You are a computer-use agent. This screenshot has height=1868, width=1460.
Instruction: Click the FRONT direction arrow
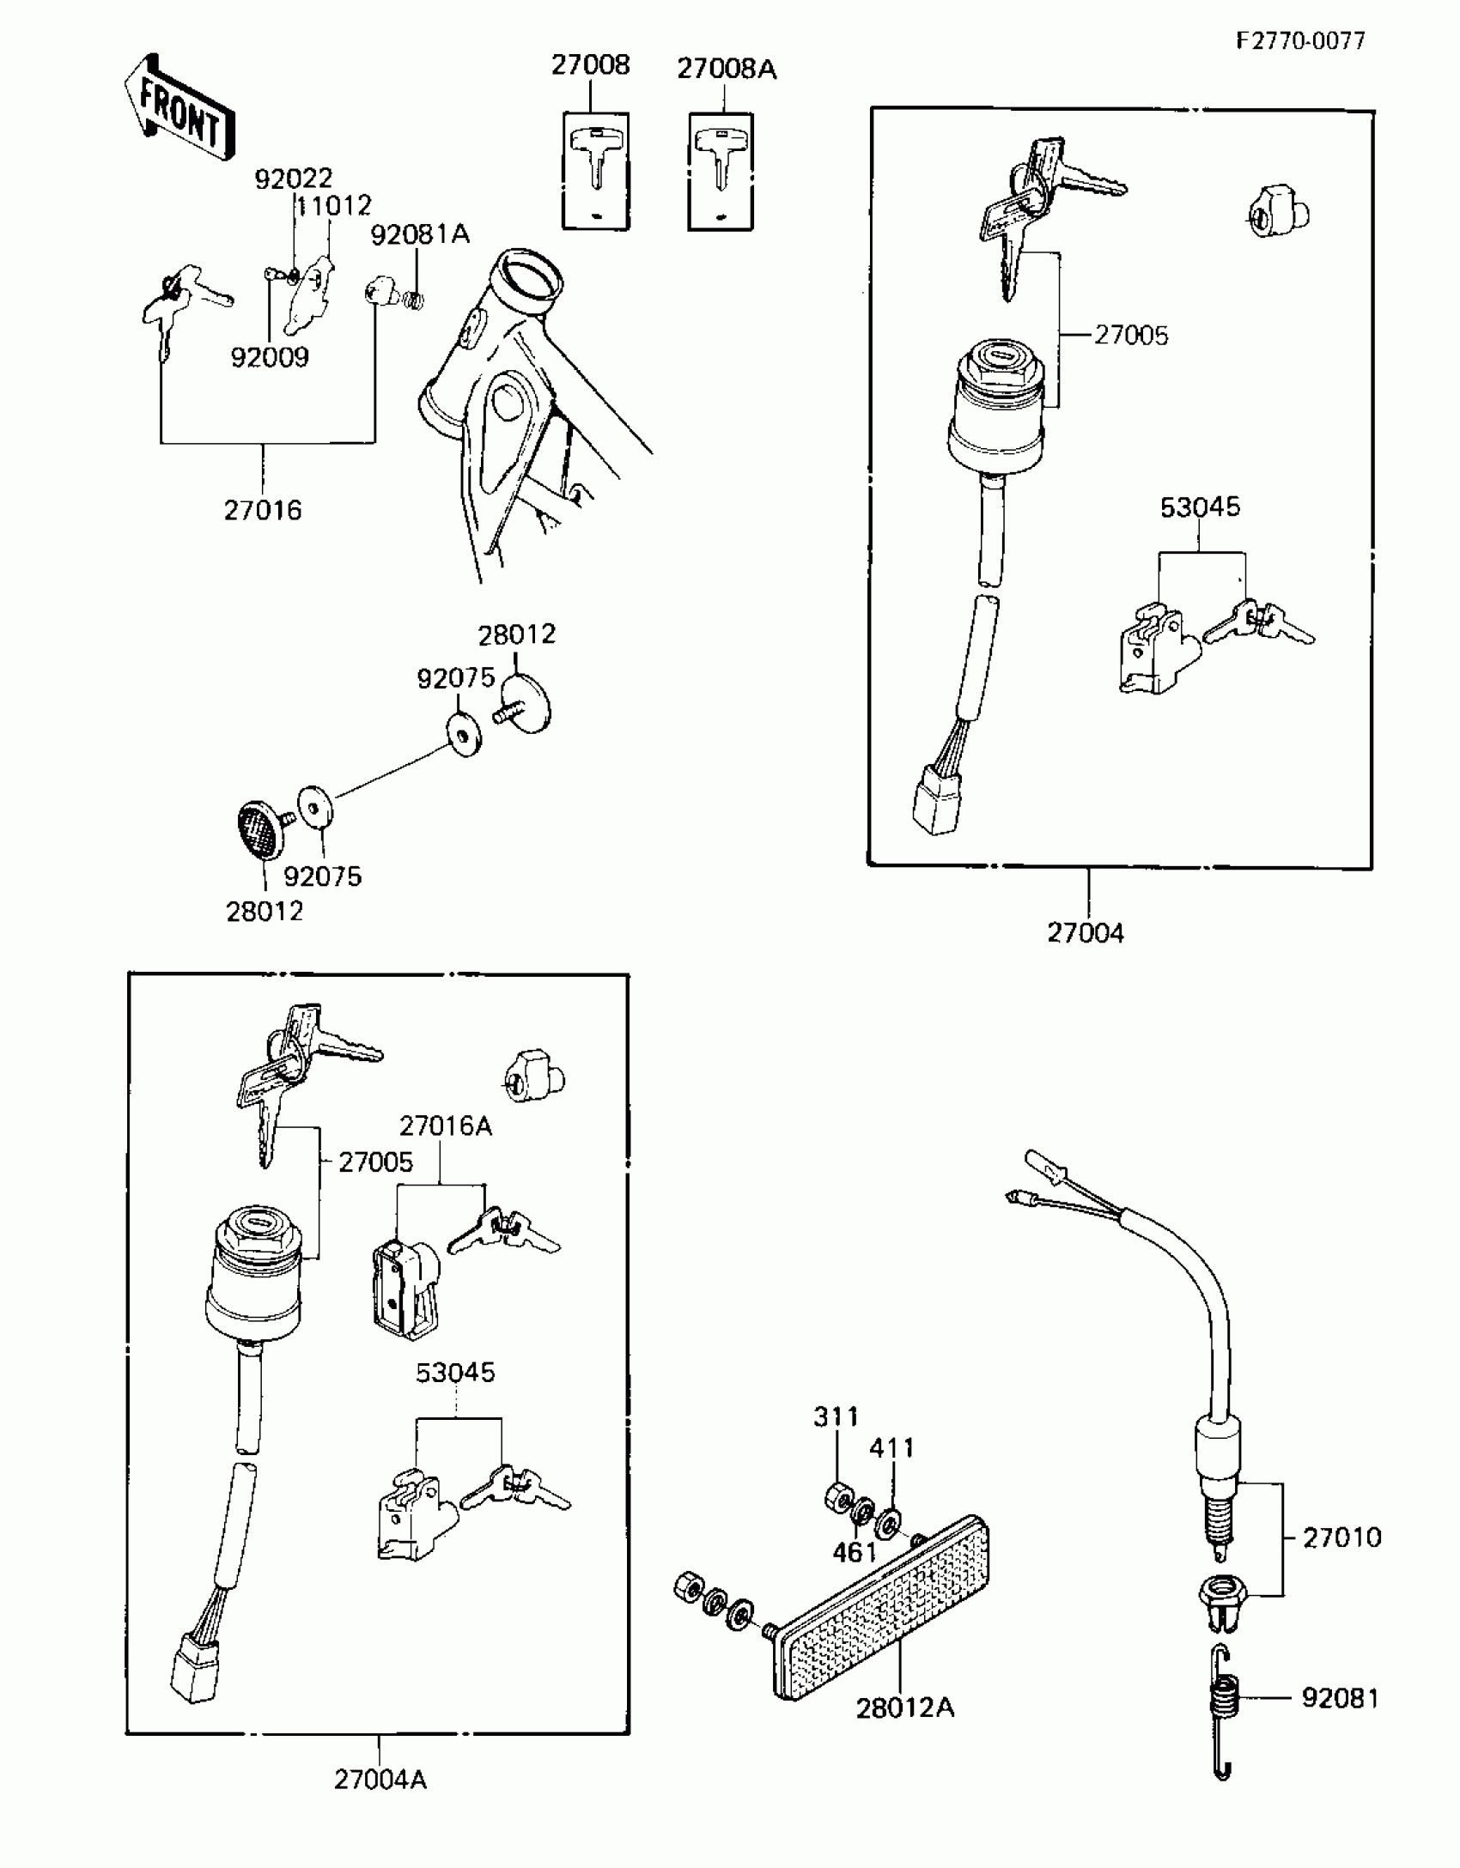179,108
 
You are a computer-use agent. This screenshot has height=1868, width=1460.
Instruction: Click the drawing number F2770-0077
1300,40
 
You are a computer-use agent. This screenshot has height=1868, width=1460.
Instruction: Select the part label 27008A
727,69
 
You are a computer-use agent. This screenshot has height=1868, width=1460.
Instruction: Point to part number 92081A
420,234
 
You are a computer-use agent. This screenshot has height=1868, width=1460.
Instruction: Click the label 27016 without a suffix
263,511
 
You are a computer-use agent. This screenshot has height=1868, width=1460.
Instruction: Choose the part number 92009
269,357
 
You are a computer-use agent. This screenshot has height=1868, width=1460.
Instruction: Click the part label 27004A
380,1780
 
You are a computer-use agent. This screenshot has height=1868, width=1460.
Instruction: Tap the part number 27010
1341,1537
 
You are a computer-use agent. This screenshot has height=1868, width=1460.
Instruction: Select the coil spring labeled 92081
1225,1698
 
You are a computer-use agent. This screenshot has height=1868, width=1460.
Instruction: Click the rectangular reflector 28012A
885,1611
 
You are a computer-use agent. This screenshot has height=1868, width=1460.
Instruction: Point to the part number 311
836,1416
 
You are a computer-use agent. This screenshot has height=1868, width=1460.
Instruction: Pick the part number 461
855,1552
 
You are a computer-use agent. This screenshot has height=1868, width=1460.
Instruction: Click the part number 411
892,1448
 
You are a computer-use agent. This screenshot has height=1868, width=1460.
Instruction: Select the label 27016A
445,1125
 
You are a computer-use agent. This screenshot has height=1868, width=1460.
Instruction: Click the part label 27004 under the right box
1085,932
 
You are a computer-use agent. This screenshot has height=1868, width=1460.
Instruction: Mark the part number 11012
335,206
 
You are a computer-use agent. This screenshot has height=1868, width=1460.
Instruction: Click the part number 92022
293,179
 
